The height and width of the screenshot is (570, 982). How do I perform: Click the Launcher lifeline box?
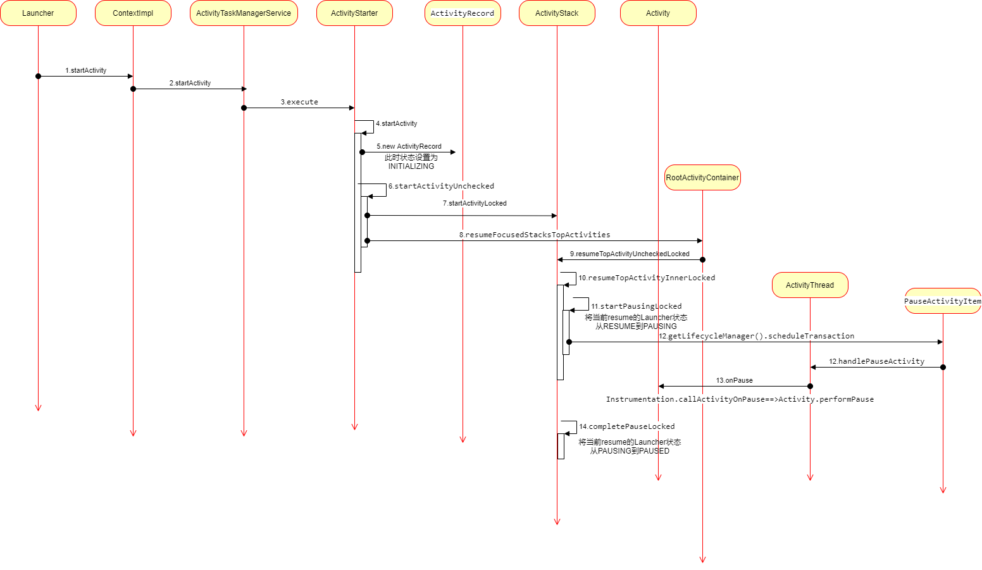[x=38, y=13]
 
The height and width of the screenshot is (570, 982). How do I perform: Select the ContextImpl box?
[x=133, y=13]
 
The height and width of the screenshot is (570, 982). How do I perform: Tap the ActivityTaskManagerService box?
[x=244, y=13]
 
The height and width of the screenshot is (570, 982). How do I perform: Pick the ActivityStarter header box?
[x=354, y=13]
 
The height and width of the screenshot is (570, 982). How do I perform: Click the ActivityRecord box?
[x=463, y=13]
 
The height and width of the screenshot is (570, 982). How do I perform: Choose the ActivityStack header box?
[x=557, y=13]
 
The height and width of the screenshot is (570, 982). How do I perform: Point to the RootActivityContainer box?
[x=702, y=178]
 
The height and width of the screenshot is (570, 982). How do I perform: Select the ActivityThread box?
[x=810, y=285]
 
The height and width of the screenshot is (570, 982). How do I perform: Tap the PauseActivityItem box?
[x=943, y=301]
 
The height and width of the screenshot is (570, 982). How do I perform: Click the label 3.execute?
[x=299, y=102]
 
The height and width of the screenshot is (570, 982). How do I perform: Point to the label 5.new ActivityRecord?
[x=409, y=146]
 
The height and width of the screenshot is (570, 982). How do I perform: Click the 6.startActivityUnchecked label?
[x=441, y=186]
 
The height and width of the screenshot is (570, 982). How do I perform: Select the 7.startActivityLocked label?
[x=475, y=203]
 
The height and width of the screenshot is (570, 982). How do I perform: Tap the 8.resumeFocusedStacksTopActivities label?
[x=535, y=235]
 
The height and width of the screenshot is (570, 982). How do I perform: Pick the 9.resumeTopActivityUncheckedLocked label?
[x=630, y=254]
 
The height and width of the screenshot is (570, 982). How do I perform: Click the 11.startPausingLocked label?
[x=637, y=306]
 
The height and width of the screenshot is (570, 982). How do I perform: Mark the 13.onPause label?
[x=734, y=380]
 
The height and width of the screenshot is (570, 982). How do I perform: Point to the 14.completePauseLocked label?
[x=627, y=426]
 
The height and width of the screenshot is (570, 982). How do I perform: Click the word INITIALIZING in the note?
[x=411, y=166]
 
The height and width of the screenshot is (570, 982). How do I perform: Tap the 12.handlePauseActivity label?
[x=876, y=361]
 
